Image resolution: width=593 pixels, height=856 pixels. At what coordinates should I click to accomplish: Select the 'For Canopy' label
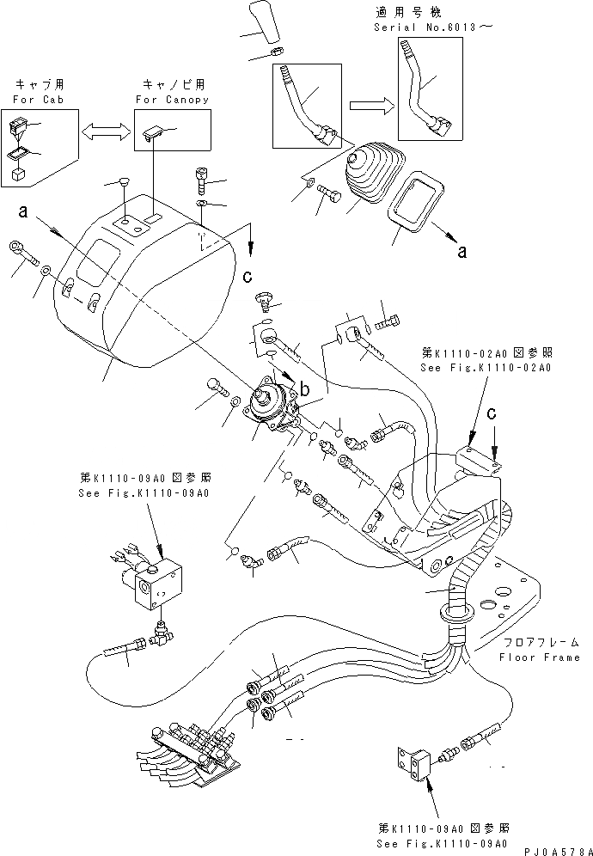coord(172,100)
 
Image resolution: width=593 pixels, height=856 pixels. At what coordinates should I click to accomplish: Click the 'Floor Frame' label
coord(539,657)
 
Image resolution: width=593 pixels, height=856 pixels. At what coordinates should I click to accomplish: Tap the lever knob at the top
coord(264,23)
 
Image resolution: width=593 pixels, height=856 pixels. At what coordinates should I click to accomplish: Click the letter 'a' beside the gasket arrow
coord(462,253)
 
